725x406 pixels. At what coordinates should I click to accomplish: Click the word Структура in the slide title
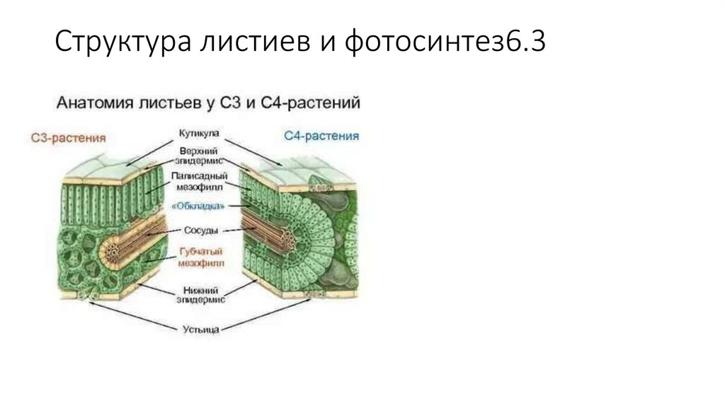coord(116,43)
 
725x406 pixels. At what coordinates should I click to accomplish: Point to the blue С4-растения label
coord(321,136)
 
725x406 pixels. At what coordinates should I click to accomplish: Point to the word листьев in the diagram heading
coord(169,103)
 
